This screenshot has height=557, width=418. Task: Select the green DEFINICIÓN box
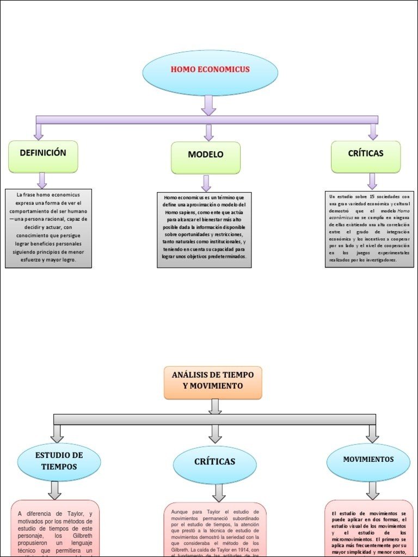[43, 156]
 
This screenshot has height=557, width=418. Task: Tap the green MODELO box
[206, 158]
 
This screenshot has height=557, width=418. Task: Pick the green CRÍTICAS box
[366, 157]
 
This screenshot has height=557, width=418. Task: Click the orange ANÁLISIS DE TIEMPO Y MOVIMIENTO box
[213, 382]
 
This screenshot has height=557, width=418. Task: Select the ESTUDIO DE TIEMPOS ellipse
[59, 461]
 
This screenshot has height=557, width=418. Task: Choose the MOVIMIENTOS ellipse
[368, 462]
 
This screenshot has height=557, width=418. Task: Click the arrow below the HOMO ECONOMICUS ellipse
[208, 105]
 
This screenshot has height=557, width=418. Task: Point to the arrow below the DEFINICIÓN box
[42, 180]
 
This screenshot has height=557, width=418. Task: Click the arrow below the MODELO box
[206, 183]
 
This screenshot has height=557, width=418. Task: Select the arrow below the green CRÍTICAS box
[372, 181]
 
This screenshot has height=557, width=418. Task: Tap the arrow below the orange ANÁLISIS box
[215, 406]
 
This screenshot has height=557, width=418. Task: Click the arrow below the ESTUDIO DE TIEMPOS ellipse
[54, 490]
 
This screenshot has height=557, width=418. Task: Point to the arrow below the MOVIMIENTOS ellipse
[372, 491]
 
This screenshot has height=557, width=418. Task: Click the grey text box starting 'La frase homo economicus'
[48, 228]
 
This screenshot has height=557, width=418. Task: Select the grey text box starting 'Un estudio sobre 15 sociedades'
[369, 228]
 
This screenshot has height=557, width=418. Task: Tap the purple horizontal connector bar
[207, 120]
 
